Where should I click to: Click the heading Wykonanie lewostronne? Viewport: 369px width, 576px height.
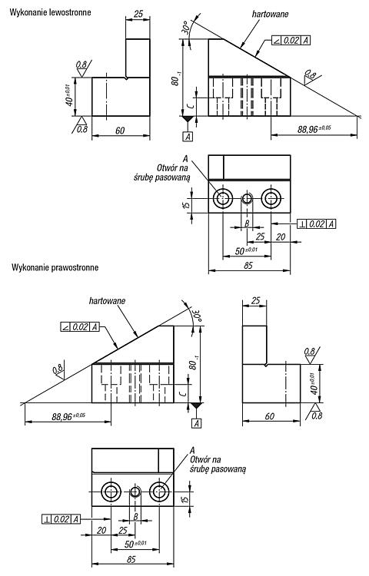50,12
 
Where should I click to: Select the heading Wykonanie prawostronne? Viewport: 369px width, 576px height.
55,267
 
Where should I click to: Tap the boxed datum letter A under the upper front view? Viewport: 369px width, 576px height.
188,137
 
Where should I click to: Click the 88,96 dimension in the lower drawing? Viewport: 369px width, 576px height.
68,416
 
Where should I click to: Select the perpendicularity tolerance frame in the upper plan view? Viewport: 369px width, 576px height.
317,223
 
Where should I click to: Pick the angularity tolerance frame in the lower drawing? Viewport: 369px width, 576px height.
80,326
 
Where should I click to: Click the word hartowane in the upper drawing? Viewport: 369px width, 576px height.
270,14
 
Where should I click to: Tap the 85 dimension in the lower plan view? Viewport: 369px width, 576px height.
131,559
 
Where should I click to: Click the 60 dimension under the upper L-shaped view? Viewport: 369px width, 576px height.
120,131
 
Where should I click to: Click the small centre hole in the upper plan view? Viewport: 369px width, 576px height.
247,199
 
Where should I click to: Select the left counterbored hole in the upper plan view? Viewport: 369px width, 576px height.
223,199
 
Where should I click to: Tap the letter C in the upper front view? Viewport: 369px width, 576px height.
190,107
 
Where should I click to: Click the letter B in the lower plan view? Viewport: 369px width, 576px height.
135,517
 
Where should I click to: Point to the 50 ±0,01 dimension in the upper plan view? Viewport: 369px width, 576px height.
246,251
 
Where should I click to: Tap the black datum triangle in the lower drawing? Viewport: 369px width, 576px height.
196,406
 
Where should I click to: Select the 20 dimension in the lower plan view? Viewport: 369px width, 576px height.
101,530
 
